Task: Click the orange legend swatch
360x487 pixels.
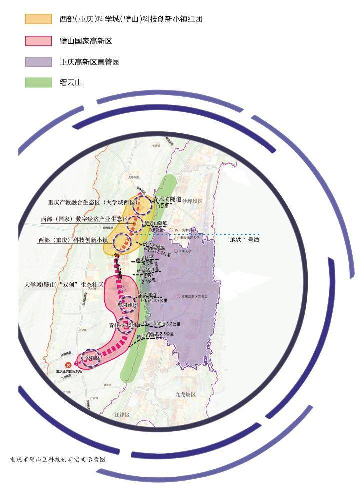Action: coord(38,19)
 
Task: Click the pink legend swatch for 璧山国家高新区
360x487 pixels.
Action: coord(38,40)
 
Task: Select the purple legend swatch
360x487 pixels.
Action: coord(38,62)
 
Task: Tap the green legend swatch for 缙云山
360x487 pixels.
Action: coord(38,83)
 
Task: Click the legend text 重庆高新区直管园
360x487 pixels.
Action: coord(90,62)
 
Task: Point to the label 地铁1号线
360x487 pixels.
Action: coord(245,240)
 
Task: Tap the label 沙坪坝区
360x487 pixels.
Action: coord(192,201)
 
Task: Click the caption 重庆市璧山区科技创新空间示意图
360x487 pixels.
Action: coord(57,458)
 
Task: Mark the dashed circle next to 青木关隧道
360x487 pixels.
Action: coord(144,204)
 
